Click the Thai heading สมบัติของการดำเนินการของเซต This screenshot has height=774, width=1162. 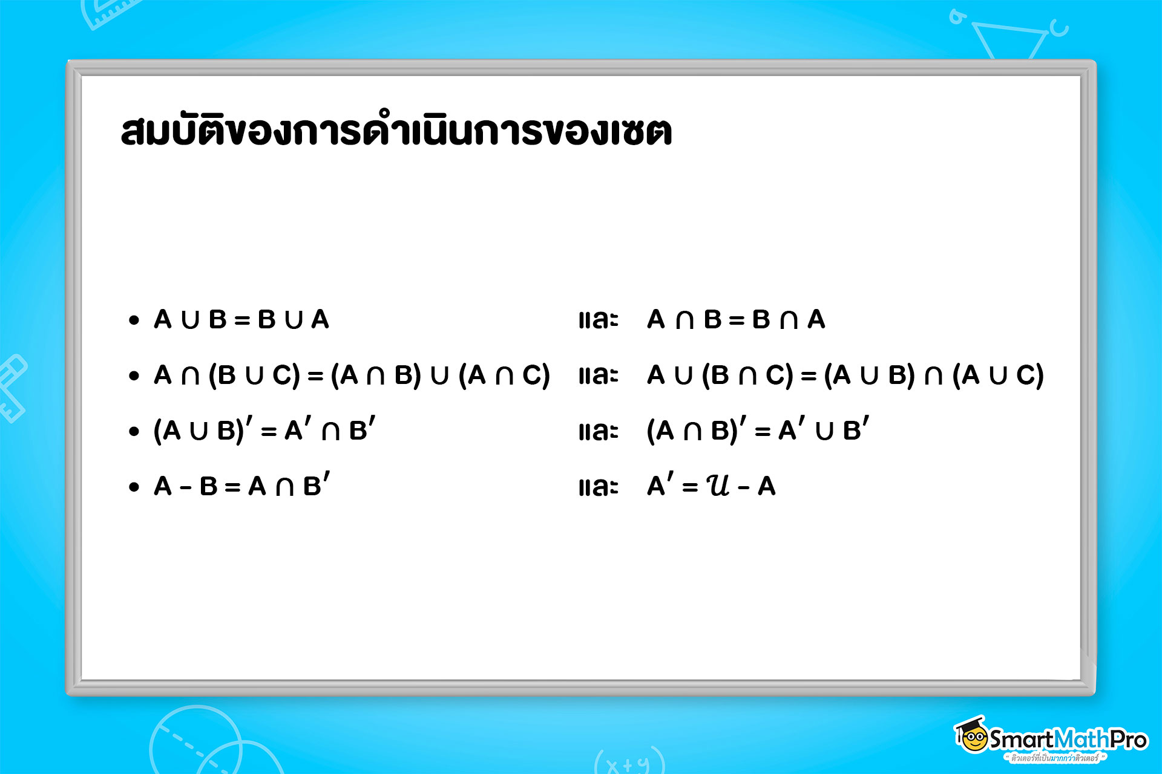pos(396,129)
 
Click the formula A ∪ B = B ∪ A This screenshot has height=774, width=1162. pos(241,319)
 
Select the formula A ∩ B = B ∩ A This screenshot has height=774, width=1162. pos(736,319)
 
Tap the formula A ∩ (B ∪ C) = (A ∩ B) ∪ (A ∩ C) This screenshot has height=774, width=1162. pos(352,376)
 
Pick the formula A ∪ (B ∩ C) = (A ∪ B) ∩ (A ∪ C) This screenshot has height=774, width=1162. pos(845,376)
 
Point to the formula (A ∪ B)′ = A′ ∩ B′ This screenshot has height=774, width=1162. pos(264,430)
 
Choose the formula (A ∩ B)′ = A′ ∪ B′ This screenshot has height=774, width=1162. pos(758,430)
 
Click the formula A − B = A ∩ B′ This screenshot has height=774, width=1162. pos(241,486)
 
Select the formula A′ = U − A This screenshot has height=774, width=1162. pos(711,486)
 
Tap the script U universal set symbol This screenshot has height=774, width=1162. pos(718,485)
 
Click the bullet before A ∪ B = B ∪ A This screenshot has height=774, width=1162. pos(134,320)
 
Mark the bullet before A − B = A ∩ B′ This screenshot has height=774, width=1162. pos(134,487)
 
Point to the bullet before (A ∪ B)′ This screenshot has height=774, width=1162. pos(134,432)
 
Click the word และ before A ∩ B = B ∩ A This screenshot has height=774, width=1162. pos(598,320)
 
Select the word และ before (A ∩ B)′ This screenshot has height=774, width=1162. pos(598,431)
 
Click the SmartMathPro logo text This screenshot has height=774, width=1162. pos(1068,739)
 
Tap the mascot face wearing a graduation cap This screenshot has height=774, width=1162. pos(973,736)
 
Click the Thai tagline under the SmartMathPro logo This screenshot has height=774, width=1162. pos(1054,758)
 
